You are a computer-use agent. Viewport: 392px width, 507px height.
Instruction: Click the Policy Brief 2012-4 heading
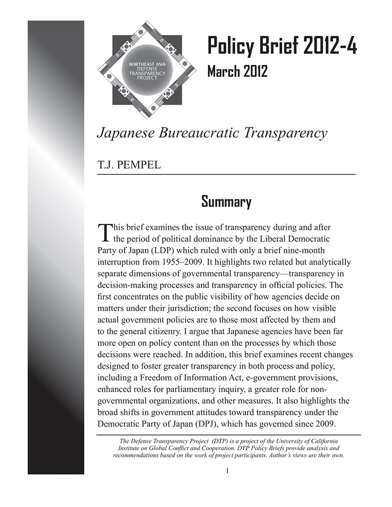click(x=282, y=46)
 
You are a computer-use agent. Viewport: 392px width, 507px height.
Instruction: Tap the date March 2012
click(x=237, y=71)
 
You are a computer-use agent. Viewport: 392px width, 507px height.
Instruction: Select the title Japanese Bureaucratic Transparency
click(x=212, y=133)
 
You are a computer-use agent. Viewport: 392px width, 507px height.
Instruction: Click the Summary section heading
click(x=226, y=201)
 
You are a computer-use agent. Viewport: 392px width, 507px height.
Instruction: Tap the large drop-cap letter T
click(x=104, y=233)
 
